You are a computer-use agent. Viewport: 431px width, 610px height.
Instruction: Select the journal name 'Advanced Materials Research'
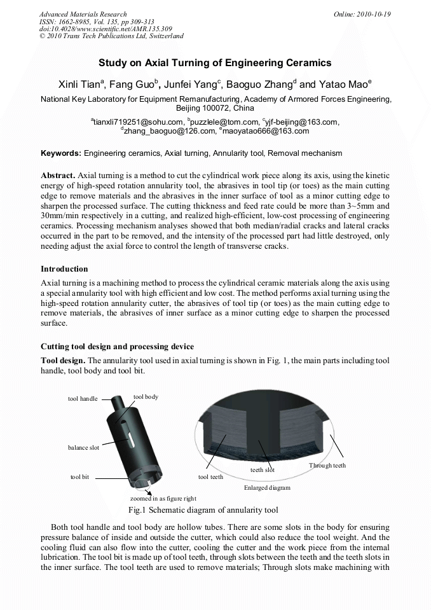(83, 14)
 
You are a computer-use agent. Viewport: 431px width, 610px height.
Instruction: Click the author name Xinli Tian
(78, 85)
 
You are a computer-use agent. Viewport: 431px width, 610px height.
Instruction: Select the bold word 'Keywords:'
(61, 153)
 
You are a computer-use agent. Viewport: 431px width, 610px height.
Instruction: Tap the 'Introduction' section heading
(64, 269)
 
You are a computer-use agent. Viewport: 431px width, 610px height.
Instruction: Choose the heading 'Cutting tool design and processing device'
(117, 347)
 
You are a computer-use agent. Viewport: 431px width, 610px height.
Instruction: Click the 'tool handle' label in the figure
(83, 399)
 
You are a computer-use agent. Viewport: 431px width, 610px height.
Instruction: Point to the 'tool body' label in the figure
(146, 396)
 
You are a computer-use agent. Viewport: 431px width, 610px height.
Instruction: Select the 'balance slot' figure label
(83, 448)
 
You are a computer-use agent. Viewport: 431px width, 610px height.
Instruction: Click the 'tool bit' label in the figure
(79, 476)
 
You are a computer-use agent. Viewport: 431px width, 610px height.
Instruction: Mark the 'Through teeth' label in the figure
(327, 466)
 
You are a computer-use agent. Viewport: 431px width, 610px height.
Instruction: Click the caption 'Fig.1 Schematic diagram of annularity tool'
(203, 510)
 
